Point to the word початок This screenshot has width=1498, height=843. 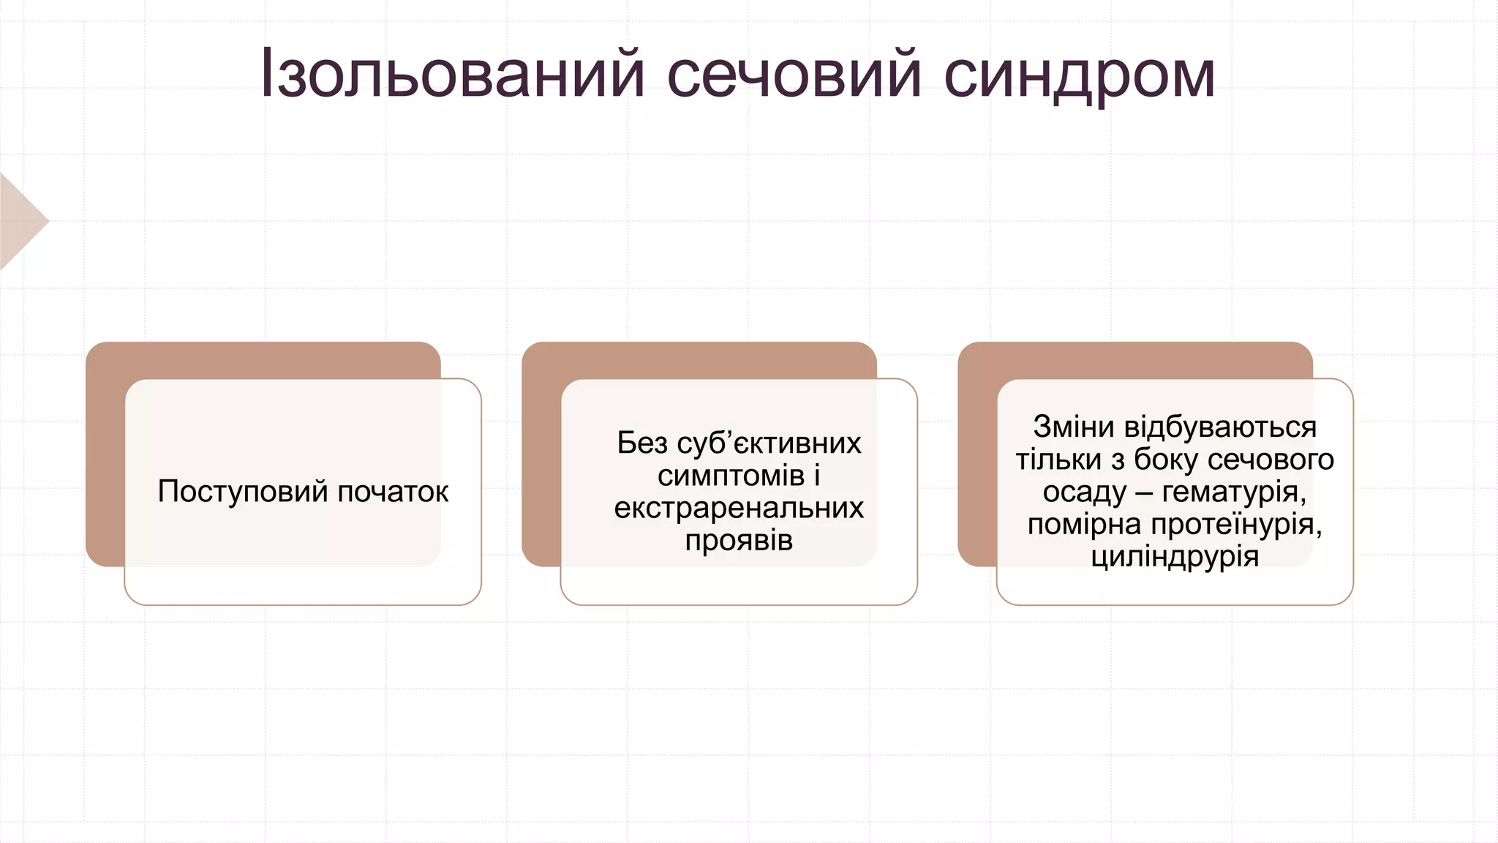[393, 492]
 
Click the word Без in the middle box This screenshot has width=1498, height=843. [641, 443]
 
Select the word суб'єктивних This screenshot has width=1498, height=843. [769, 443]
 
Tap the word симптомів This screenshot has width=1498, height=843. [731, 476]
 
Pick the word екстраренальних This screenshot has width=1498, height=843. [739, 508]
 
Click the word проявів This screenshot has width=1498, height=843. [739, 541]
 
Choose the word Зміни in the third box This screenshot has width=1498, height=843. [1073, 427]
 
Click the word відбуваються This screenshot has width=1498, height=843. [1220, 427]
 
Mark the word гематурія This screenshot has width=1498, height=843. [1234, 492]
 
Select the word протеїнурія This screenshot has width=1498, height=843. [1236, 524]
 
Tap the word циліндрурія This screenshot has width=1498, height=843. [1175, 557]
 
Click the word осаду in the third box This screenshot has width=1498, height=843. [1084, 492]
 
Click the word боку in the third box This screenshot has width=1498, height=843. [1166, 460]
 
